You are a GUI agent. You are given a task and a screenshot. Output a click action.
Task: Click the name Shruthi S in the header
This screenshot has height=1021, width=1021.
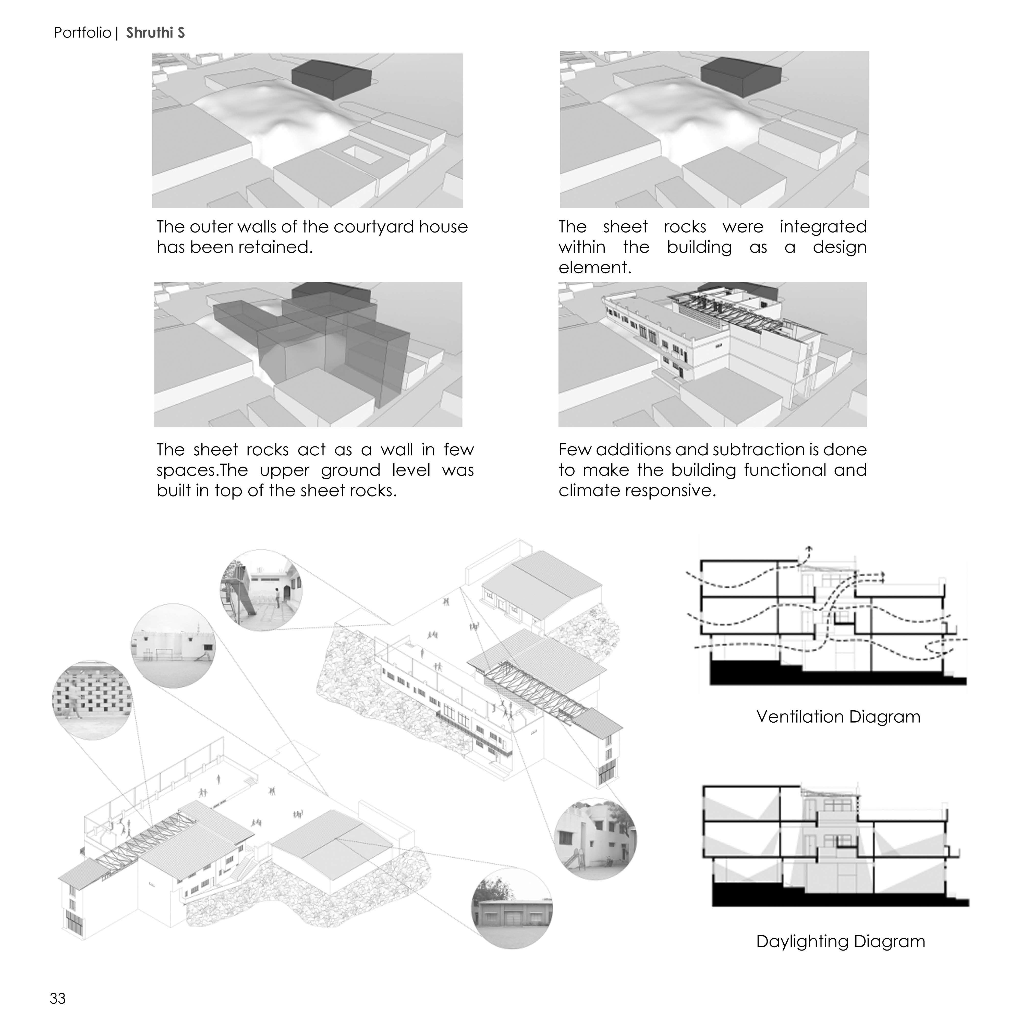tap(155, 33)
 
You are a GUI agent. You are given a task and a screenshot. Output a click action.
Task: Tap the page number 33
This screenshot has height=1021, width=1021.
tap(58, 998)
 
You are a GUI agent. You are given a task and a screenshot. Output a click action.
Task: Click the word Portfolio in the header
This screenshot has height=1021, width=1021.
tap(82, 33)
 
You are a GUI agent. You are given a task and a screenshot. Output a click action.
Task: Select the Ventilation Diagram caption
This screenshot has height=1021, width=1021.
tap(838, 716)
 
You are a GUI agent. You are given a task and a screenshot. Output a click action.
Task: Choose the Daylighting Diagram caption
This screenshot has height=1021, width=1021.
tap(840, 941)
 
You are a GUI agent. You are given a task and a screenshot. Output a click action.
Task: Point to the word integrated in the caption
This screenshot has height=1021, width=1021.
tap(823, 227)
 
